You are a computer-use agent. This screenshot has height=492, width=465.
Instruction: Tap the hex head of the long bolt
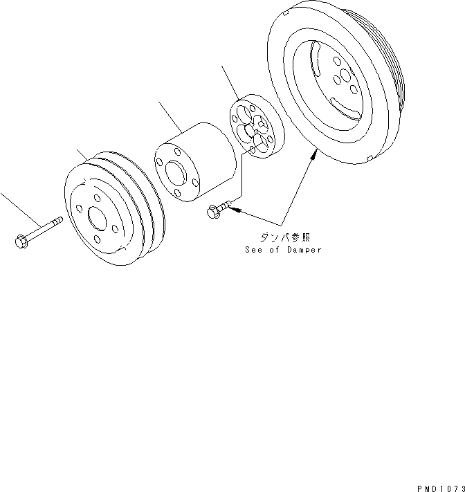pos(20,241)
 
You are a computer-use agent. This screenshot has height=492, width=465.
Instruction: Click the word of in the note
pos(274,250)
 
